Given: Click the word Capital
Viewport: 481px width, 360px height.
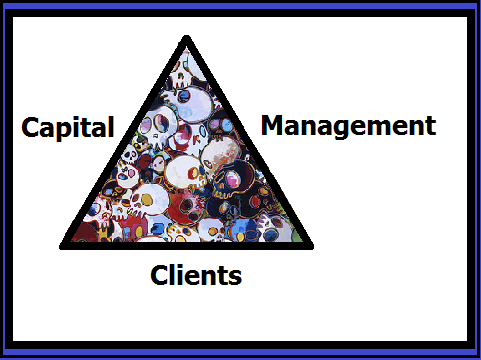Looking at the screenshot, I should click(68, 128).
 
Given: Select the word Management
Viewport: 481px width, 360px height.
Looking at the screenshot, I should click(348, 126).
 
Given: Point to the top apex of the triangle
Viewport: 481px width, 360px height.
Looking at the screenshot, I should click(186, 40).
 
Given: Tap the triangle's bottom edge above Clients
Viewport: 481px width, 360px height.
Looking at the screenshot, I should click(186, 245).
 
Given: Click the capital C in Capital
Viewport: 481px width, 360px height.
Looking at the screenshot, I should click(31, 128).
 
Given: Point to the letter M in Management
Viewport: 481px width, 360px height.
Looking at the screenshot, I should click(274, 126).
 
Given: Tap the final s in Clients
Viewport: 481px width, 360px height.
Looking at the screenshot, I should click(234, 276).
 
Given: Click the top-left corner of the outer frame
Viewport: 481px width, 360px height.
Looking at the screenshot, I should click(3, 3).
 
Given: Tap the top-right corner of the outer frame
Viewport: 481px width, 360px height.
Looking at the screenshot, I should click(477, 3).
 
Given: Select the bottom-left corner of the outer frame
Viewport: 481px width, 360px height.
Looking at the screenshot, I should click(3, 356).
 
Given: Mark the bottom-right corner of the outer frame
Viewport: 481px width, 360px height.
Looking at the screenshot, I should click(477, 356).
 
